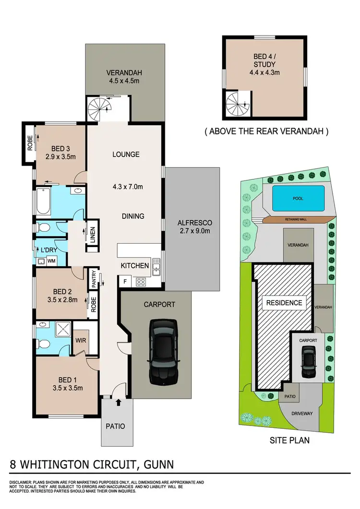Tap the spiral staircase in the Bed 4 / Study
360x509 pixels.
pyautogui.click(x=236, y=104)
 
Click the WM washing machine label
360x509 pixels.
pyautogui.click(x=50, y=260)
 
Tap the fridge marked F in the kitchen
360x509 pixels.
pyautogui.click(x=125, y=281)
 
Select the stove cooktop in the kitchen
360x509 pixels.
pyautogui.click(x=142, y=282)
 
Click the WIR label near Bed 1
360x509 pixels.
pyautogui.click(x=80, y=343)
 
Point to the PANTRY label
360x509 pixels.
pyautogui.click(x=94, y=279)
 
